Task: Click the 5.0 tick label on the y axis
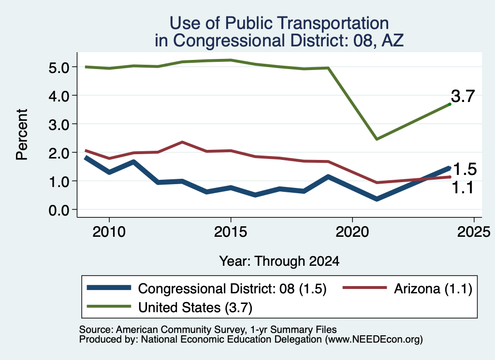[x=58, y=68]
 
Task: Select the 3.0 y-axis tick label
[x=58, y=125]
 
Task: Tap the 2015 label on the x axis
[x=231, y=232]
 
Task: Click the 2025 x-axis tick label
[x=474, y=232]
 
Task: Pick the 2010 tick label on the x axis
[x=109, y=232]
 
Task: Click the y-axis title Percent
[x=22, y=135]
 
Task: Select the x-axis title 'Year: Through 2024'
[x=279, y=261]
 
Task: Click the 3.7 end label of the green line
[x=463, y=96]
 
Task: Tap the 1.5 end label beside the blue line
[x=465, y=170]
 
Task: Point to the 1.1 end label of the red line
[x=463, y=187]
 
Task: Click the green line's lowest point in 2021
[x=377, y=139]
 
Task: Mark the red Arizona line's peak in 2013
[x=182, y=142]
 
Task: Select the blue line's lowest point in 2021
[x=377, y=199]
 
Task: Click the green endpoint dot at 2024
[x=450, y=104]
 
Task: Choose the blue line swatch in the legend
[x=109, y=288]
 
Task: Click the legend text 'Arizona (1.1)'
[x=433, y=288]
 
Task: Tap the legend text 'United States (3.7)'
[x=195, y=307]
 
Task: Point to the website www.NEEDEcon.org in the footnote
[x=374, y=340]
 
